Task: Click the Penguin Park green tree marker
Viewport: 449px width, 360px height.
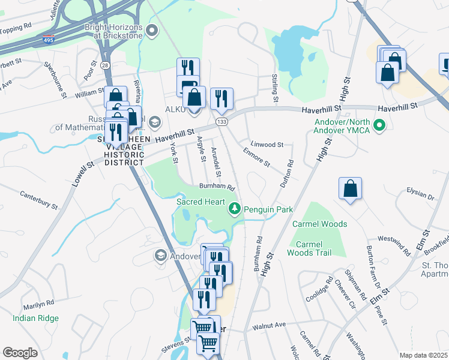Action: tap(234, 209)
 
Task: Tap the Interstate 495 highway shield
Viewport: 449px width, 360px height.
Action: tap(47, 41)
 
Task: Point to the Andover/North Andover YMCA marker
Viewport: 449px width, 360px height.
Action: tap(379, 125)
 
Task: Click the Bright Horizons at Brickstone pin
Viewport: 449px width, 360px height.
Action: tap(152, 29)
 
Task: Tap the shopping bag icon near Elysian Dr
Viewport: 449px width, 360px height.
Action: tap(351, 188)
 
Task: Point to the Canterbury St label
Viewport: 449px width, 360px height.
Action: tap(39, 200)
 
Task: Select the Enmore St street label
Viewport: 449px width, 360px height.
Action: tap(256, 158)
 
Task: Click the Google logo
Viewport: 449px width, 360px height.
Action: tap(20, 352)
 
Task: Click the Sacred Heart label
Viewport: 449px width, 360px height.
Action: tap(200, 202)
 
